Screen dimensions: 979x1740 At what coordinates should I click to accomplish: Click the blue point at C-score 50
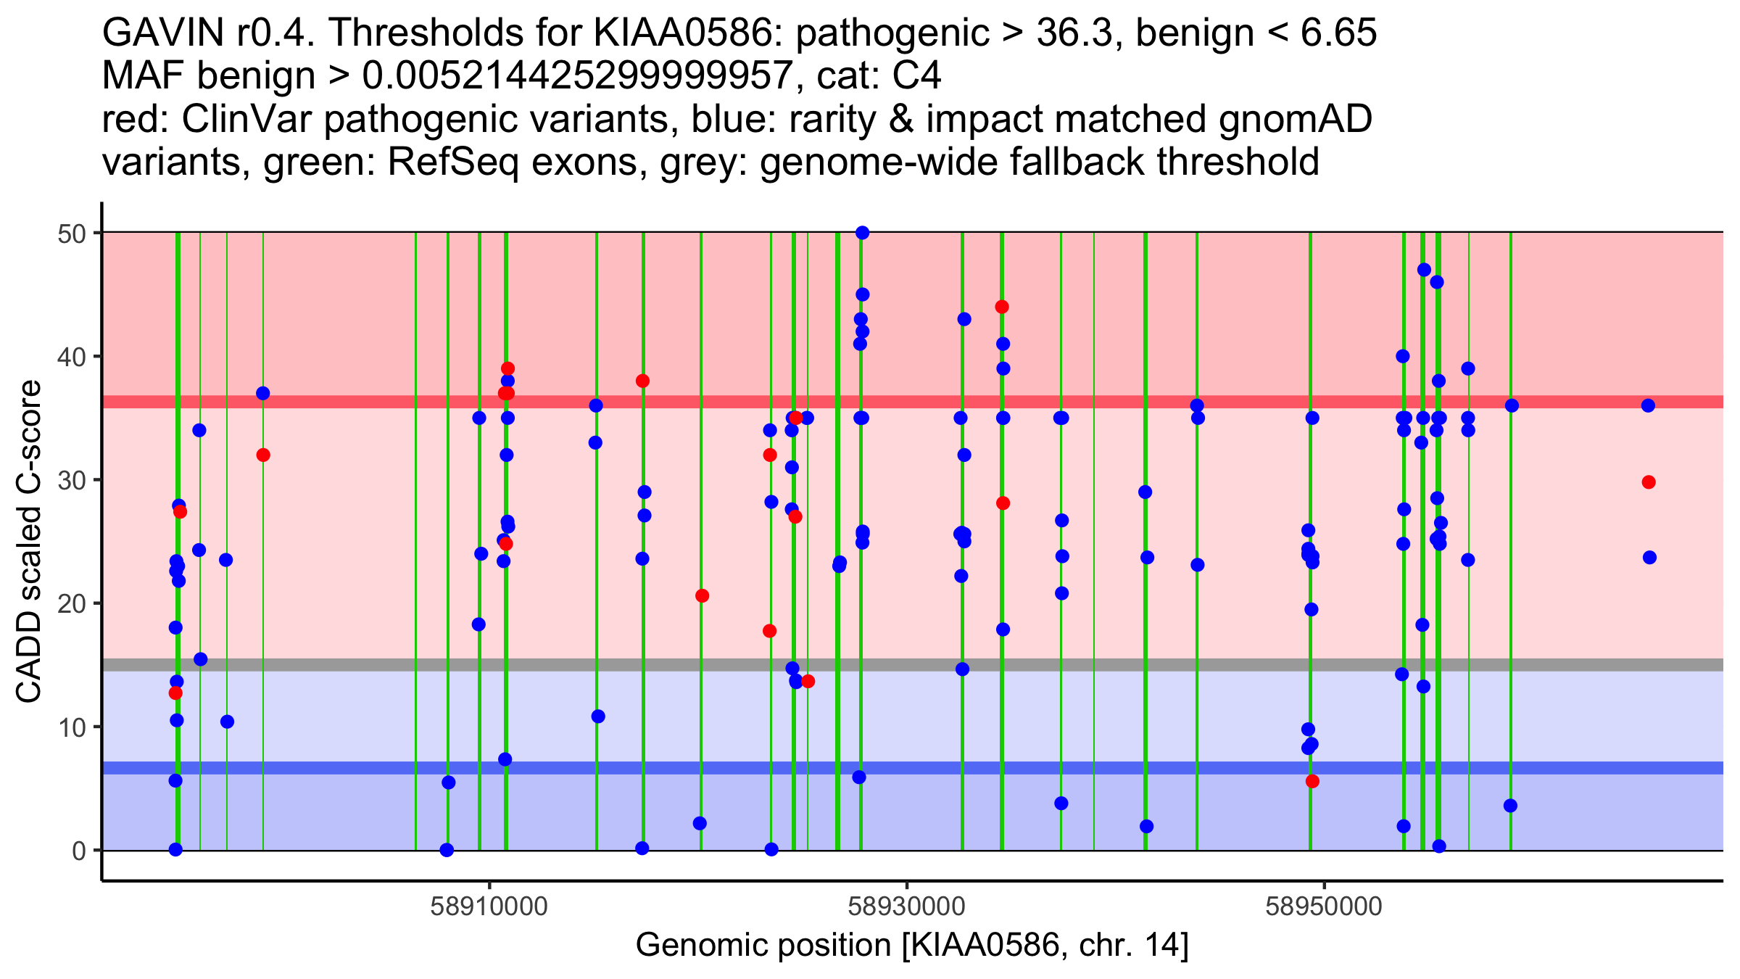pos(862,233)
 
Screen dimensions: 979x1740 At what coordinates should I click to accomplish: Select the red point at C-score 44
pos(1002,307)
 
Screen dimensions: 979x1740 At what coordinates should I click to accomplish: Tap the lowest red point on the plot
pos(1312,781)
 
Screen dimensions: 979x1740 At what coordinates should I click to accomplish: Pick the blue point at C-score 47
pos(1424,270)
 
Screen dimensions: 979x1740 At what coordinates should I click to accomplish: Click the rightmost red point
pos(1649,482)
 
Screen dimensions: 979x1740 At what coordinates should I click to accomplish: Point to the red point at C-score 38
pos(642,381)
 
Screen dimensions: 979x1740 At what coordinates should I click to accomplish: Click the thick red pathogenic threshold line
pos(1087,402)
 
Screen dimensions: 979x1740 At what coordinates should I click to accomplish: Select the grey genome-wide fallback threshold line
pos(1087,664)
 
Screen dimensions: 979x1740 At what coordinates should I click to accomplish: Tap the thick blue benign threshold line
pos(1087,768)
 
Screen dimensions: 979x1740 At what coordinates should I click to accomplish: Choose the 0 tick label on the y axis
pos(78,851)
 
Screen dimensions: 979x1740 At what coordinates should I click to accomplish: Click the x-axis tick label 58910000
pos(489,906)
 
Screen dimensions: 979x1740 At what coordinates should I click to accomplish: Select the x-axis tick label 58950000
pos(1325,906)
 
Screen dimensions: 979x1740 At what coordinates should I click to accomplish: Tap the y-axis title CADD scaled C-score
pos(29,542)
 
